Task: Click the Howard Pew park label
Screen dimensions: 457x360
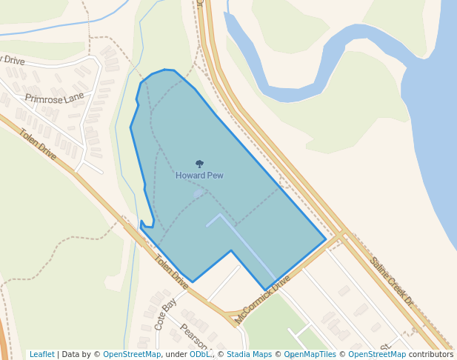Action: click(x=199, y=176)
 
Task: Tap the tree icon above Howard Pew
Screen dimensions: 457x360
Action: click(x=199, y=164)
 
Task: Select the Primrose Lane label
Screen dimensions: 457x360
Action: click(x=54, y=98)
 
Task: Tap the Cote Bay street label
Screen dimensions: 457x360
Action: click(x=166, y=313)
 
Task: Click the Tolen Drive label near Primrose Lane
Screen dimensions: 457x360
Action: click(x=38, y=144)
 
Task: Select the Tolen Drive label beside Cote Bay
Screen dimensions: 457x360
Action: click(x=171, y=272)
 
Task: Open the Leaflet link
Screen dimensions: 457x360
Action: click(x=41, y=354)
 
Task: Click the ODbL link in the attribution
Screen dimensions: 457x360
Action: click(x=200, y=354)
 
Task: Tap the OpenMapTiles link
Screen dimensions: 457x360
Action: click(x=310, y=354)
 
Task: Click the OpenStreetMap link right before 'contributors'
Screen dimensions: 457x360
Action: click(x=377, y=354)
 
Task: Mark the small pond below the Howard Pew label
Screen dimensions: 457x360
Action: click(x=198, y=193)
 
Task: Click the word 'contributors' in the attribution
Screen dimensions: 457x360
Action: click(x=431, y=354)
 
